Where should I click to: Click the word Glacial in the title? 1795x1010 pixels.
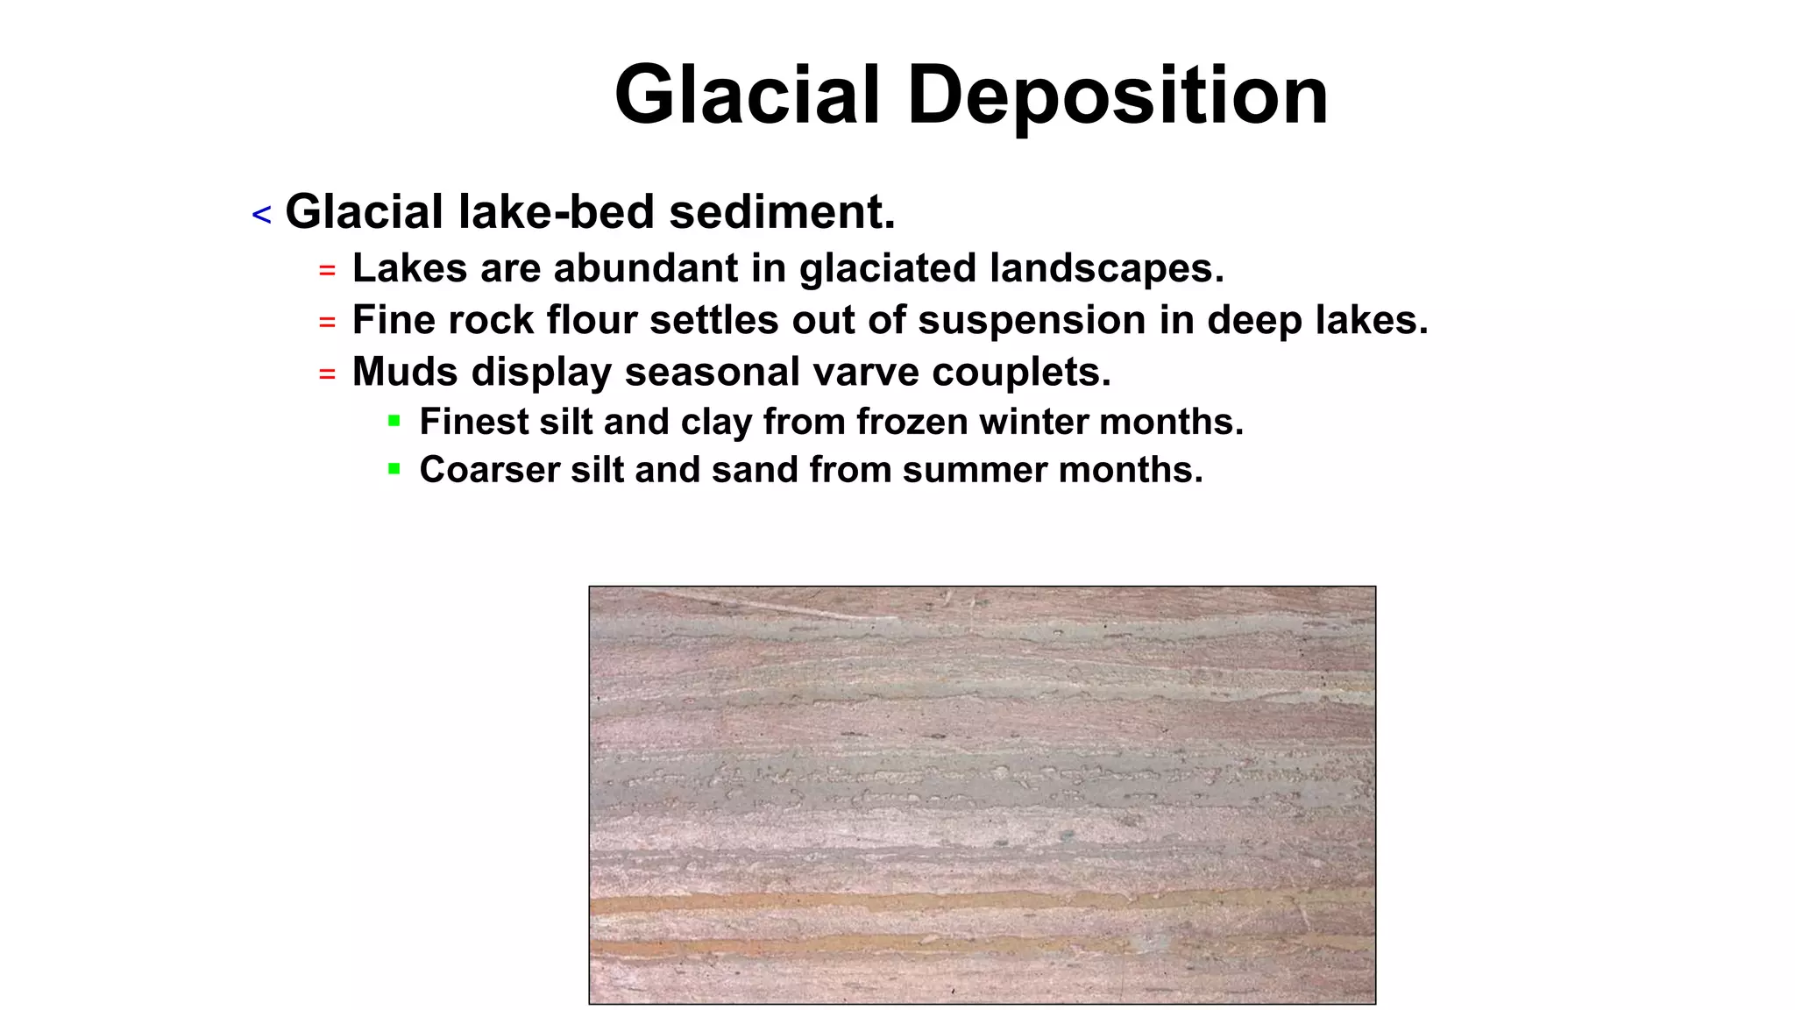tap(747, 96)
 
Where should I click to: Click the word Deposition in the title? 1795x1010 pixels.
tap(1117, 96)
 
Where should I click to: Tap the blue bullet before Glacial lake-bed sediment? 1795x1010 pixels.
tap(261, 214)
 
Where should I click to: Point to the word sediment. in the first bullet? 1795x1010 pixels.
tap(782, 212)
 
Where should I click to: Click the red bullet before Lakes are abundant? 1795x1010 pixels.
tap(327, 271)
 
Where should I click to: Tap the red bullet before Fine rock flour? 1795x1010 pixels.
tap(327, 323)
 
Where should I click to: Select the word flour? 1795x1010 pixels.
tap(592, 320)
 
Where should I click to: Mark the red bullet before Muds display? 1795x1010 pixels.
tap(327, 374)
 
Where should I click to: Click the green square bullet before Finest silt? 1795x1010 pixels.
tap(394, 421)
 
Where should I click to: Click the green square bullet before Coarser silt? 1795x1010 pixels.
tap(394, 469)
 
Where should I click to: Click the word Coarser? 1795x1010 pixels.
tap(489, 470)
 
